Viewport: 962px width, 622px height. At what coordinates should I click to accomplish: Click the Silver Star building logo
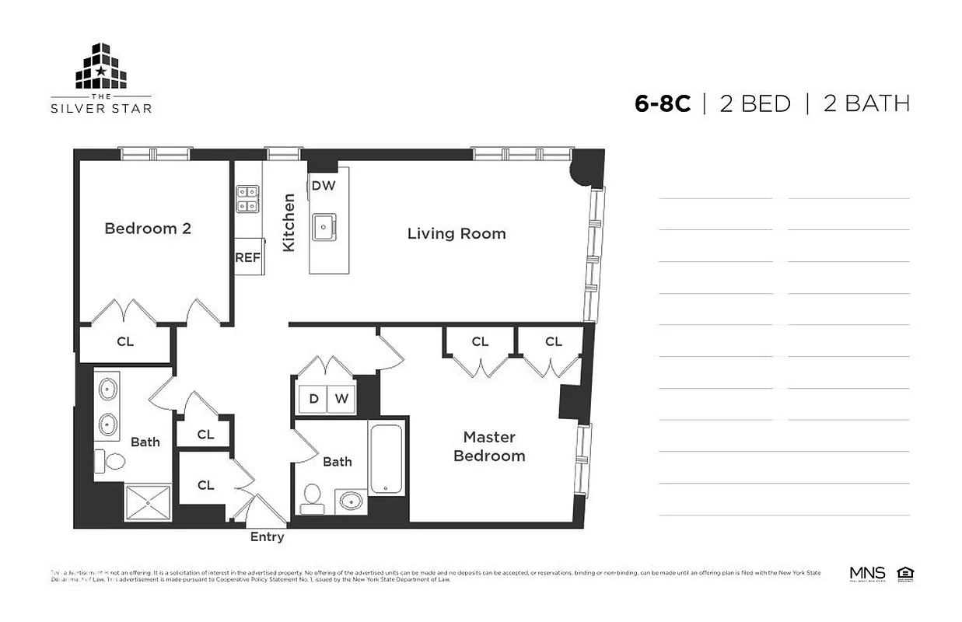101,67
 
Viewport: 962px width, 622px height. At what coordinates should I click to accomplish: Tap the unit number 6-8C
662,104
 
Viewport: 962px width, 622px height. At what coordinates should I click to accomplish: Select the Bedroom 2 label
148,229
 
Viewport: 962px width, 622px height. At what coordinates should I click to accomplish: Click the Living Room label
457,233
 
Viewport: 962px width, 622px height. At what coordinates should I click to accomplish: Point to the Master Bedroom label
489,447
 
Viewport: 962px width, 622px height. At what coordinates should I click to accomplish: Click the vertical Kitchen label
289,222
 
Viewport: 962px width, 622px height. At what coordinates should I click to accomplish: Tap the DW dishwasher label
323,186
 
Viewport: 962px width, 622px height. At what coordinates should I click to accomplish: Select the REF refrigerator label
248,258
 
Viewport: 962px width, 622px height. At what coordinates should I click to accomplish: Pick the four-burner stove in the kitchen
248,199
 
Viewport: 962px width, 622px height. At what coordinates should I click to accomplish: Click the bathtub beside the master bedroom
387,460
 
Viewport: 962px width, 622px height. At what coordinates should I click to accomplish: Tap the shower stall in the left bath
148,502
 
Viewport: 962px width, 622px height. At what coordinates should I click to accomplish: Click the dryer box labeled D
313,399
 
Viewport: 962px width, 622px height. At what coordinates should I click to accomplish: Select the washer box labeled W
341,399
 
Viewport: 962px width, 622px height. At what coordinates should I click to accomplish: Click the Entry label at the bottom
267,537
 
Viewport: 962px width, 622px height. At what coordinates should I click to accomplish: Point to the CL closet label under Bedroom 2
124,341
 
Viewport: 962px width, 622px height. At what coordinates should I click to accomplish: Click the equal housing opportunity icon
904,575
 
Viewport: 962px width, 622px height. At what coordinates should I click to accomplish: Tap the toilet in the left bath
111,461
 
